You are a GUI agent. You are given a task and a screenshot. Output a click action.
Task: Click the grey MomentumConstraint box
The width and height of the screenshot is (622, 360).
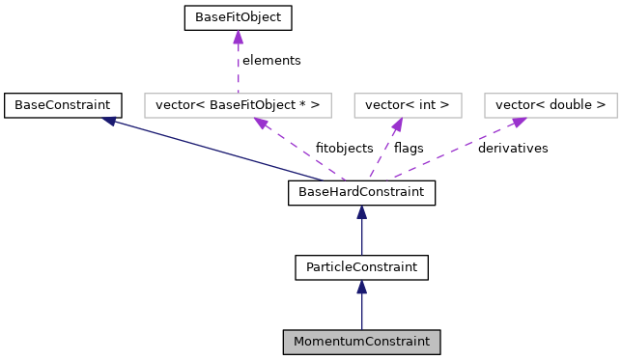pos(361,342)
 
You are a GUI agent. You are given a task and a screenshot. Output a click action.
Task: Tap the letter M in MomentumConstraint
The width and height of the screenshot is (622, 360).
pos(299,342)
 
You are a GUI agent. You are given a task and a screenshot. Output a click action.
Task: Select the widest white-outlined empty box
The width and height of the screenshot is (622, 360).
pos(238,105)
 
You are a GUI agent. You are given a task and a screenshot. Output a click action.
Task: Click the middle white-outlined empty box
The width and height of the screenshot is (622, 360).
pos(408,105)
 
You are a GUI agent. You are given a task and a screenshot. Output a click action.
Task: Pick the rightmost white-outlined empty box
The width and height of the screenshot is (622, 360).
pos(551,105)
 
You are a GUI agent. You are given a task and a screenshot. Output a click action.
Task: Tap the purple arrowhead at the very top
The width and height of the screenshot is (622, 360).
pos(238,37)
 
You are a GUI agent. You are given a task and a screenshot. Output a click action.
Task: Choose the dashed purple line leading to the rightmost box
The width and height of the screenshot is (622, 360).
pos(454,150)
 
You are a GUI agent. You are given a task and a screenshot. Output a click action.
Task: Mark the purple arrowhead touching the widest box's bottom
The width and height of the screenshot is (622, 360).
pos(260,123)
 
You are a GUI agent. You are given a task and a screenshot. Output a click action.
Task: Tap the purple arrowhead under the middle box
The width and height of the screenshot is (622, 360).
pos(397,125)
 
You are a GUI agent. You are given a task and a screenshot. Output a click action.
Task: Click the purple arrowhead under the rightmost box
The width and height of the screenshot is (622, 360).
pos(519,122)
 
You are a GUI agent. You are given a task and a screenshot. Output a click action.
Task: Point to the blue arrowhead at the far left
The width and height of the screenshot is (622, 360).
pos(109,121)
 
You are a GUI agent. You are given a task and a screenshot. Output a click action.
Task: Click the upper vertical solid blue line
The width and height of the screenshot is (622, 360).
pos(361,237)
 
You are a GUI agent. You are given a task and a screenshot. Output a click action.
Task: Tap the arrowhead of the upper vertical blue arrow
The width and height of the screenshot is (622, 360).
pos(361,211)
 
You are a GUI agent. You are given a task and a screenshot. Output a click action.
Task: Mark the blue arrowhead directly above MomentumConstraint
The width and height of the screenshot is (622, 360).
pos(361,287)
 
